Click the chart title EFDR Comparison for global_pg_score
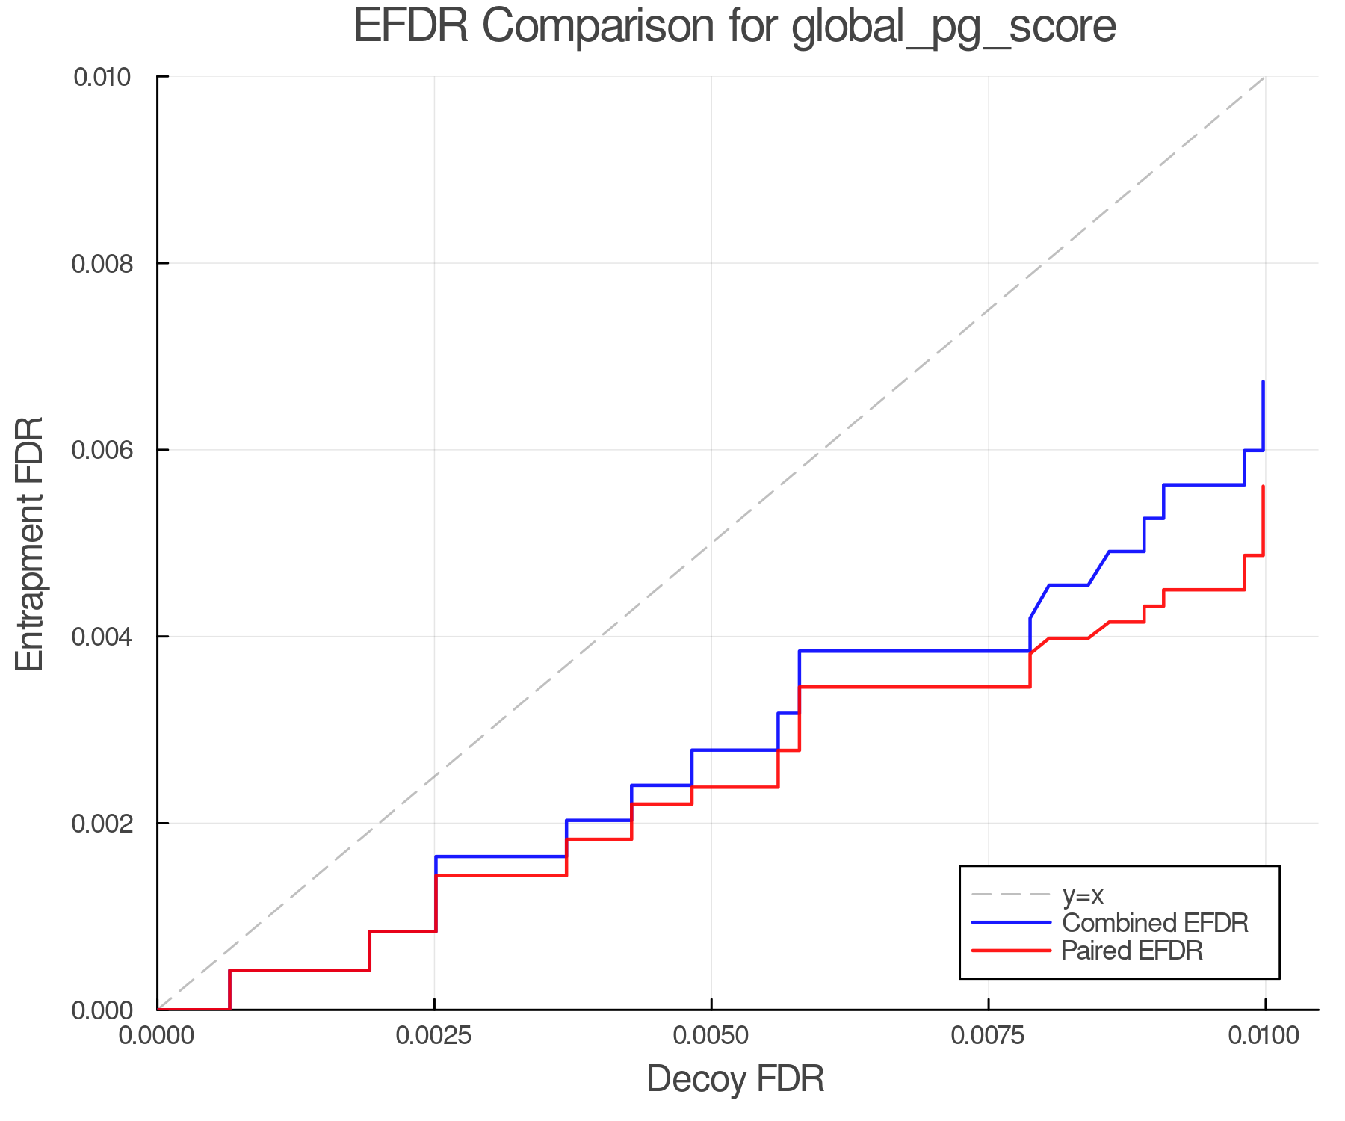(x=735, y=26)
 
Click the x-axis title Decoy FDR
(x=735, y=1078)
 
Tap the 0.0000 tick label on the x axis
(x=157, y=1036)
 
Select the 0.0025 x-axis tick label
(x=434, y=1036)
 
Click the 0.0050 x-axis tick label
(x=711, y=1036)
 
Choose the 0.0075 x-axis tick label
(x=989, y=1036)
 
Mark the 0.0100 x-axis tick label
(x=1265, y=1036)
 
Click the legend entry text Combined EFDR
(x=1154, y=923)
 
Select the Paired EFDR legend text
(x=1132, y=951)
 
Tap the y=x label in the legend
(x=1083, y=895)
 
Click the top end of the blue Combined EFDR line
(x=1263, y=382)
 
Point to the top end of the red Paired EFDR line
(x=1263, y=487)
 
